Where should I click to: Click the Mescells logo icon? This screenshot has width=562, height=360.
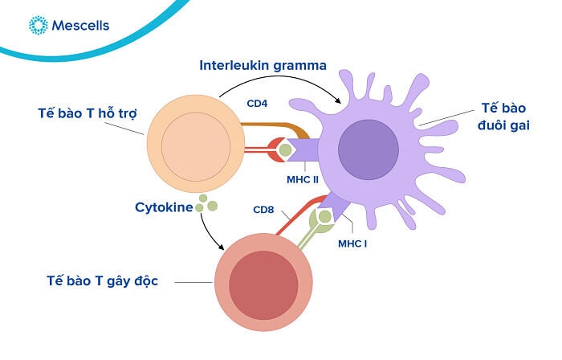point(38,26)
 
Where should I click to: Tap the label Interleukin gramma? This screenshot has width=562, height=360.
point(263,65)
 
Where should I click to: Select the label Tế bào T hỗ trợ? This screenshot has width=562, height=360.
point(87,112)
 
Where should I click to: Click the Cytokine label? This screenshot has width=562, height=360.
point(165,207)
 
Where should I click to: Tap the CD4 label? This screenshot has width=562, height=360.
point(259,104)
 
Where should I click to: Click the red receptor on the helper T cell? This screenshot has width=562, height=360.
point(271,149)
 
